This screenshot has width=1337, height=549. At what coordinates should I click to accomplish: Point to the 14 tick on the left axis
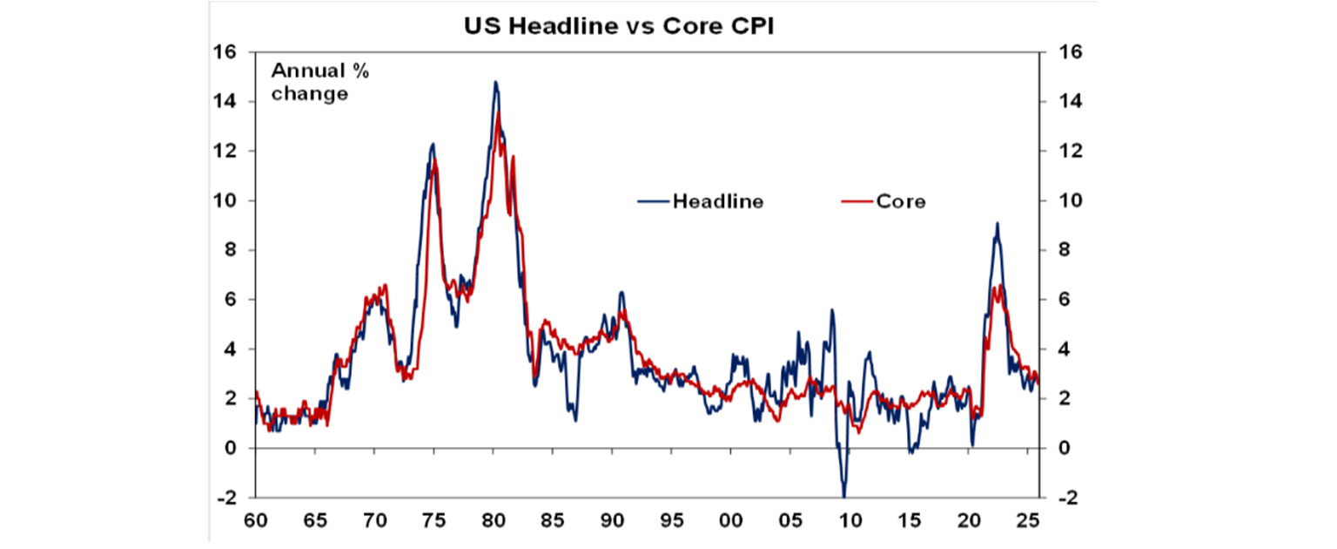[x=230, y=102]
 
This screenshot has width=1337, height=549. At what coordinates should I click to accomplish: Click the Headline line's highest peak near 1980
[x=495, y=82]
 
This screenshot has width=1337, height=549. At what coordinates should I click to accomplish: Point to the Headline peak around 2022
[x=997, y=223]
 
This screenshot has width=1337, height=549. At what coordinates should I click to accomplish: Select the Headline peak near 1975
[x=432, y=144]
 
